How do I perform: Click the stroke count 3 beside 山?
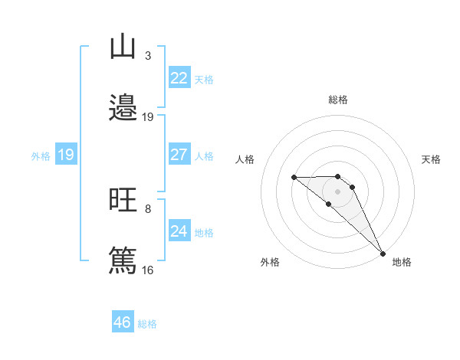[x=147, y=56]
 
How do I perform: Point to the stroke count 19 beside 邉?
[x=148, y=117]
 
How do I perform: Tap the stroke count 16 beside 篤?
[x=148, y=270]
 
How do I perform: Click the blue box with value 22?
[x=179, y=78]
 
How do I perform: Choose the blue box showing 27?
[x=179, y=155]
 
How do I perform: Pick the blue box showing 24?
[x=179, y=231]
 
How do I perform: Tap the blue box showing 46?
[x=122, y=322]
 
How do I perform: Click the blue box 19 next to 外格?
[x=65, y=155]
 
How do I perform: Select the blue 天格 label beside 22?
[x=204, y=80]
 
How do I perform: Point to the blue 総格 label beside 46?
[x=147, y=324]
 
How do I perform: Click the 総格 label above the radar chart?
[x=338, y=100]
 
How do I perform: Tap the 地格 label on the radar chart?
[x=402, y=263]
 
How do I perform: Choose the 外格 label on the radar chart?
[x=270, y=263]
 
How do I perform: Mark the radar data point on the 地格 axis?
[x=382, y=253]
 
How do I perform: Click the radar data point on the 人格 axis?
[x=294, y=178]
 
